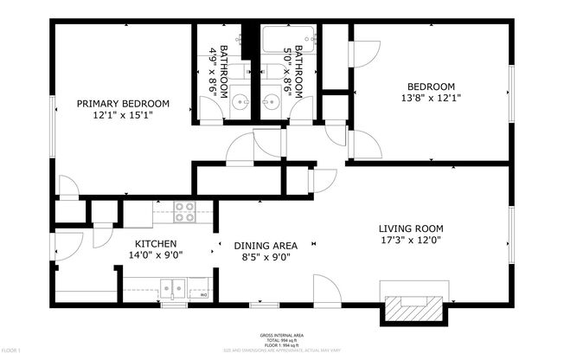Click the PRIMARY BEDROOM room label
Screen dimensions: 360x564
coord(123,103)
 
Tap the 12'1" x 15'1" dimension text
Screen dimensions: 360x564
coord(123,115)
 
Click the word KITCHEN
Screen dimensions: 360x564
coord(156,244)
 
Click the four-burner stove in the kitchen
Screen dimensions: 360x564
coord(183,208)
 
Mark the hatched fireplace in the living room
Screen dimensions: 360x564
coord(412,304)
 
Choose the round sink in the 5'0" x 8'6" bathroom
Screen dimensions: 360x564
coord(271,104)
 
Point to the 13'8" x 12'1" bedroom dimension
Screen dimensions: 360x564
coord(431,98)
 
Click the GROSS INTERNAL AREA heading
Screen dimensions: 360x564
coord(281,335)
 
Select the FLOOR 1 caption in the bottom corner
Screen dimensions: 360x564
coord(11,350)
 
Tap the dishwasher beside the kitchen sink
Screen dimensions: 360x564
coord(200,288)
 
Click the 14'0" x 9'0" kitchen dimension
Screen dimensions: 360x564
coord(156,256)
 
